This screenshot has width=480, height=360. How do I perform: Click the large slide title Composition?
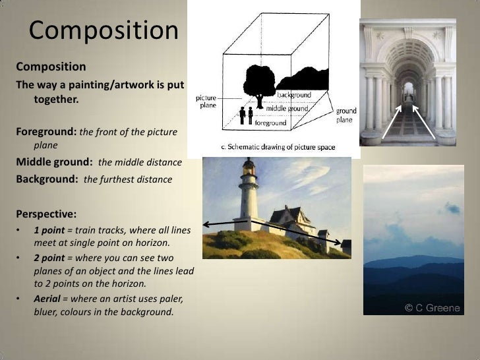coord(104,30)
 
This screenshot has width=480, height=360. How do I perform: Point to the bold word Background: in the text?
coord(47,179)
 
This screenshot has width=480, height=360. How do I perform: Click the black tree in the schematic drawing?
coord(257,82)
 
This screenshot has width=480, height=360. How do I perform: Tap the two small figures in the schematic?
coord(246,115)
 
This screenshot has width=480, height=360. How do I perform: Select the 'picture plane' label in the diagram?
coord(206,102)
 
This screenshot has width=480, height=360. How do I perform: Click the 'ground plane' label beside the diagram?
coord(347,115)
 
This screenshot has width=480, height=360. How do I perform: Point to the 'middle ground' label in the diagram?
coord(287,108)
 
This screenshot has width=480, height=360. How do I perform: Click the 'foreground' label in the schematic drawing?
coord(270,123)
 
